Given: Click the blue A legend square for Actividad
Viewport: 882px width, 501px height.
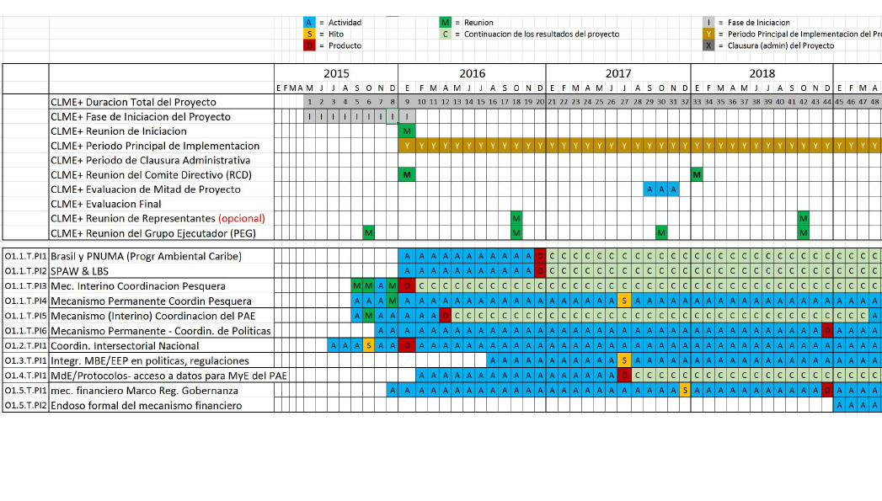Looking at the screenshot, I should point(310,23).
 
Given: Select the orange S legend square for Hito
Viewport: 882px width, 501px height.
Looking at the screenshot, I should point(310,34).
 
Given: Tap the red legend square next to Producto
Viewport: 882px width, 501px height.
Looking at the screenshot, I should point(310,45).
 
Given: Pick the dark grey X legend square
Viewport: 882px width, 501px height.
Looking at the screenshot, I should point(709,45).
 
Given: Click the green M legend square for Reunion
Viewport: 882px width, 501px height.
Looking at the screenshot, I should point(445,23).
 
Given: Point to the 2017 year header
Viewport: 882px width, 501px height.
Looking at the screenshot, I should point(618,73).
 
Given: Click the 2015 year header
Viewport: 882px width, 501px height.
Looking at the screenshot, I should point(336,73).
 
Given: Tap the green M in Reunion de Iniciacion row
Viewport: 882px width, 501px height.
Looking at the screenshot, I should point(408,131).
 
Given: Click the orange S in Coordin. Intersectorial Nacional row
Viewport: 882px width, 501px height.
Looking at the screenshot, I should point(369,345).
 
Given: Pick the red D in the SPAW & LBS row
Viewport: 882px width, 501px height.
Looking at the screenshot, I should point(539,271).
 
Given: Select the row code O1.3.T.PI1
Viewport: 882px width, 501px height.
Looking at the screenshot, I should point(25,360).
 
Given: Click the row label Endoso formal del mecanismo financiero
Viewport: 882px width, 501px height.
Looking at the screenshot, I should point(146,406).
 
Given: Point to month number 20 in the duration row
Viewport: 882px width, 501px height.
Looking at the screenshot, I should point(539,102).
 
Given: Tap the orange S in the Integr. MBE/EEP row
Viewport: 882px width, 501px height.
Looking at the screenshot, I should point(624,360).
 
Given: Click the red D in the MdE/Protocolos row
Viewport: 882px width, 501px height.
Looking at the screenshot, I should point(624,376).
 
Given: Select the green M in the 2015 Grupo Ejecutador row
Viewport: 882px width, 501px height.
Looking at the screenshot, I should point(369,232).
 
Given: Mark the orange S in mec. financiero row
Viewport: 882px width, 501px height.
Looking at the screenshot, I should point(685,390).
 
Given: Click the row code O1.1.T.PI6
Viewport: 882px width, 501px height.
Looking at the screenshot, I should point(25,330).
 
